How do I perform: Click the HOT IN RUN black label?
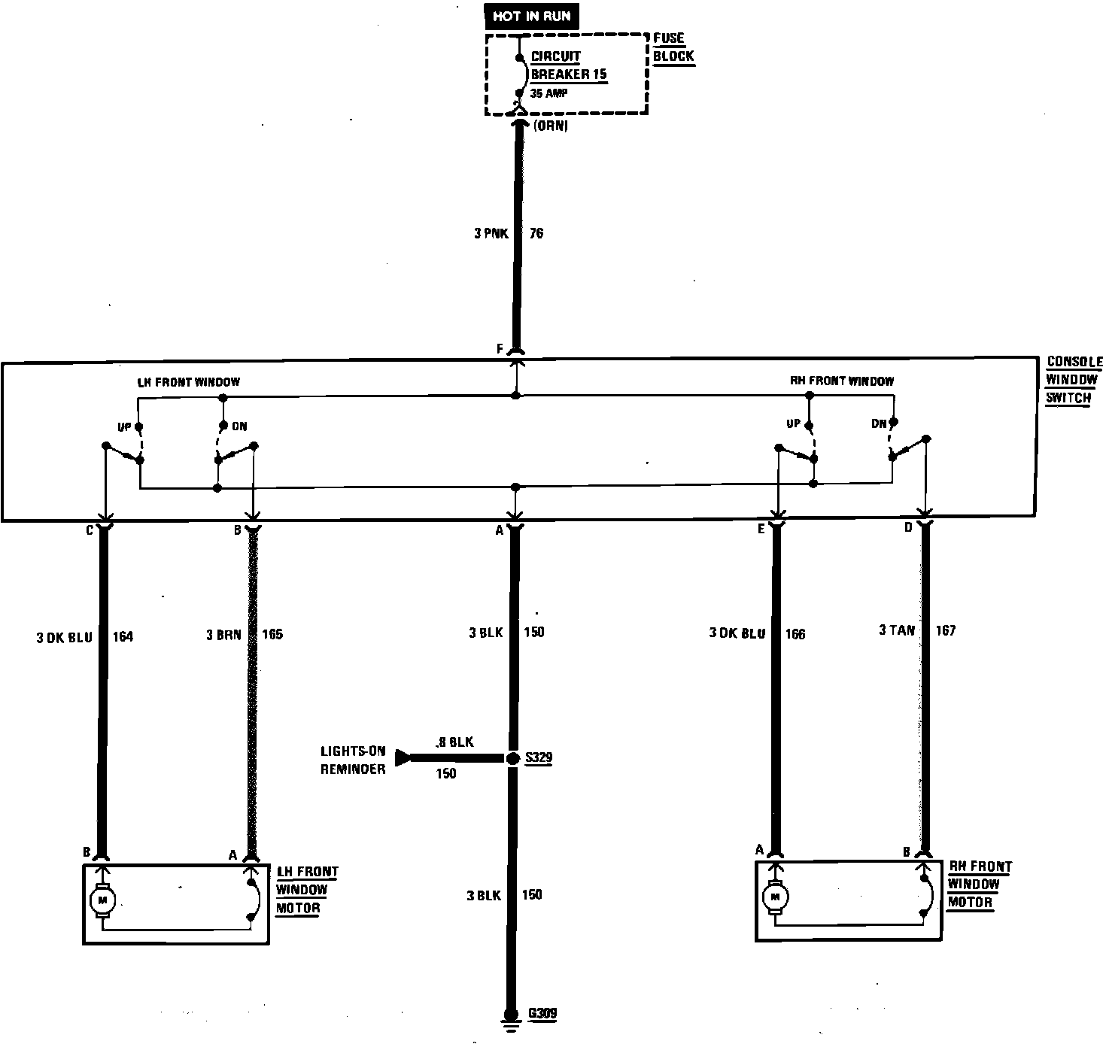pyautogui.click(x=531, y=17)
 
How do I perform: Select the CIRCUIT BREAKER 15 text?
pyautogui.click(x=568, y=65)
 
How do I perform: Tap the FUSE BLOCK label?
pyautogui.click(x=673, y=47)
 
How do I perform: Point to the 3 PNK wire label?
pyautogui.click(x=491, y=233)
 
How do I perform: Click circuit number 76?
pyautogui.click(x=536, y=233)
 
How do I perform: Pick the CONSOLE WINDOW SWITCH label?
pyautogui.click(x=1073, y=380)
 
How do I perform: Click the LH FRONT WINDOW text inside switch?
pyautogui.click(x=188, y=382)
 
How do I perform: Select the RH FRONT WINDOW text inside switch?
pyautogui.click(x=841, y=381)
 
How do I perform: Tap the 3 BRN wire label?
pyautogui.click(x=223, y=635)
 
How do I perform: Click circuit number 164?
pyautogui.click(x=123, y=637)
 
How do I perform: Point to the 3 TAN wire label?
pyautogui.click(x=896, y=630)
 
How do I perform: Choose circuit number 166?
pyautogui.click(x=795, y=634)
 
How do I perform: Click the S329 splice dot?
pyautogui.click(x=513, y=759)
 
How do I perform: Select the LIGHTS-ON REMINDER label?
pyautogui.click(x=353, y=760)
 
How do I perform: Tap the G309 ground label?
pyautogui.click(x=542, y=1013)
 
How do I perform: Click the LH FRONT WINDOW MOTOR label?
pyautogui.click(x=307, y=890)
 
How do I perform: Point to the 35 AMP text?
pyautogui.click(x=548, y=93)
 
